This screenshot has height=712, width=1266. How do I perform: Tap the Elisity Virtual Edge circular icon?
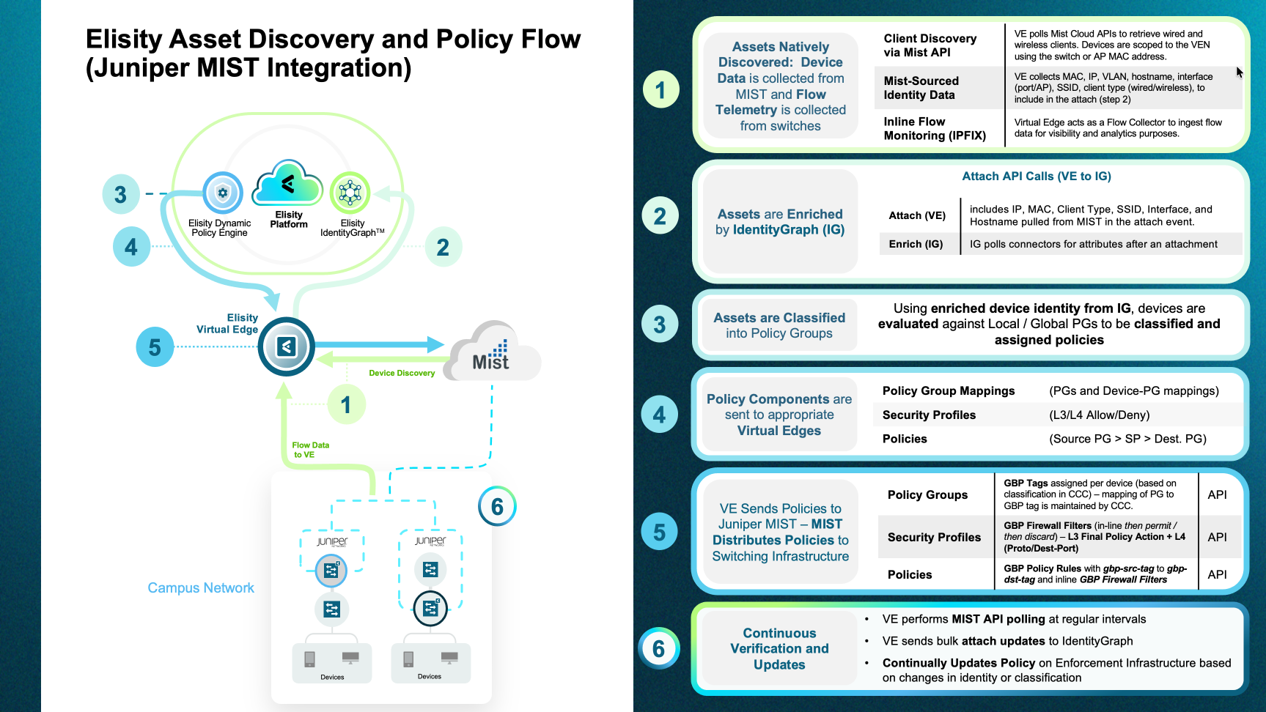coord(287,346)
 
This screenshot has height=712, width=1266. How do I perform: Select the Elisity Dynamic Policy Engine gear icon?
coord(223,193)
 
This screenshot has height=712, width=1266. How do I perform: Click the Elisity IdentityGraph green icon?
coord(350,193)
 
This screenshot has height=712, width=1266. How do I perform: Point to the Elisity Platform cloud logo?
coord(287,183)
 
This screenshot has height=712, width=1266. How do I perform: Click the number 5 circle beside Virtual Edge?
coord(155,346)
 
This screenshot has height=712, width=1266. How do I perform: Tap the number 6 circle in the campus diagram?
coord(497,506)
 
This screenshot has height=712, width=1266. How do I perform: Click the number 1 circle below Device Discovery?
coord(346,404)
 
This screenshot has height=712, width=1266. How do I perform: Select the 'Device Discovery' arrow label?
coord(402,373)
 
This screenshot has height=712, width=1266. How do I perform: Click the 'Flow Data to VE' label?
coord(310,450)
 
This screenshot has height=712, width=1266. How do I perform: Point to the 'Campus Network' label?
coord(201,588)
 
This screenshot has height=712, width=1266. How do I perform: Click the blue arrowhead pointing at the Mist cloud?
coord(436,344)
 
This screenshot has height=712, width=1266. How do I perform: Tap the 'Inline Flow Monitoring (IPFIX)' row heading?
coord(935,128)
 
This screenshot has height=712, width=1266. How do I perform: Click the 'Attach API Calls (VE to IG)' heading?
coord(1037,177)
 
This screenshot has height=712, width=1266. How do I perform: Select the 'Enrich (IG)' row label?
coord(916,244)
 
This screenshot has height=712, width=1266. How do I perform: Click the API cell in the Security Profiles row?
coord(1217,537)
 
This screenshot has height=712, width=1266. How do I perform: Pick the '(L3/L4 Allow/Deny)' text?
coord(1099,415)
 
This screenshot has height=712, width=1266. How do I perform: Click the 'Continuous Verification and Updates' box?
coord(779,649)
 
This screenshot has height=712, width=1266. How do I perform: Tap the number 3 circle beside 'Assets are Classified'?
coord(660,325)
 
